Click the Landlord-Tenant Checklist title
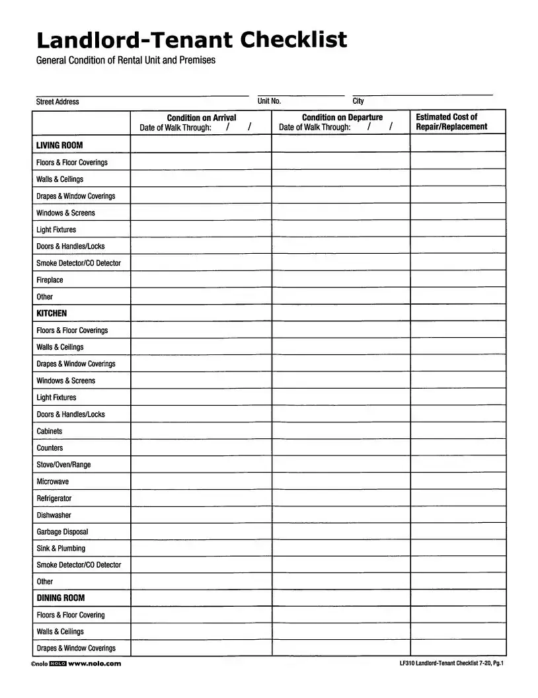191,40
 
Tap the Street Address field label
58,102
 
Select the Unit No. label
269,101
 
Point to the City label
358,101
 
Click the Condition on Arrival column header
201,118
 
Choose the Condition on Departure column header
342,118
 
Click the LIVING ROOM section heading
59,145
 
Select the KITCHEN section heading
52,313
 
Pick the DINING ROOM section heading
61,598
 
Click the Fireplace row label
50,280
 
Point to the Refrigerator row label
54,498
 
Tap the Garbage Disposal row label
62,532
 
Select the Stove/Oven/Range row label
63,465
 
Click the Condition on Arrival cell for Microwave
201,481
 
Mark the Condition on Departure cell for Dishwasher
340,515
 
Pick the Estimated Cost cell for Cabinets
457,431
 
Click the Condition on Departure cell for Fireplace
340,280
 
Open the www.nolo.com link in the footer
95,664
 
